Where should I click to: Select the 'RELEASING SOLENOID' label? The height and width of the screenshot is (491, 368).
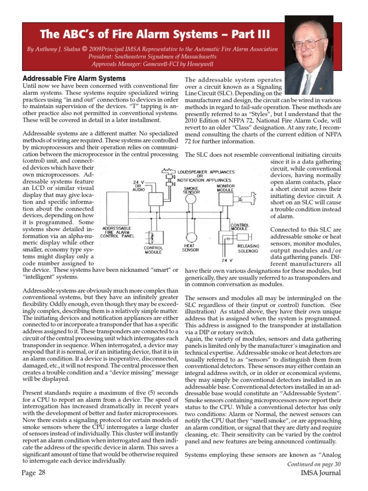[248, 248]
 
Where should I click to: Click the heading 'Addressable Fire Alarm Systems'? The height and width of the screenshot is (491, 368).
[74, 78]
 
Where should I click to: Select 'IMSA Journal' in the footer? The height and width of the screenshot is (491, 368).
[318, 473]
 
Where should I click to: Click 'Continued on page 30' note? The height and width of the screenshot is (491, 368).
[314, 464]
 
